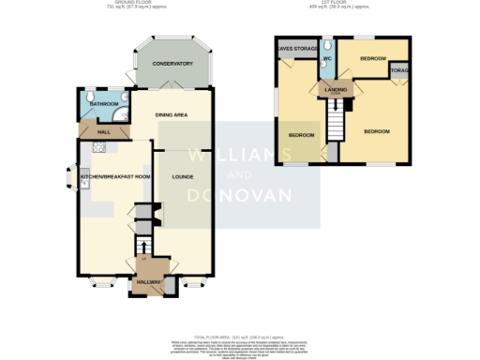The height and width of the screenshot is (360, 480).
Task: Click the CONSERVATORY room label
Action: coord(172,64)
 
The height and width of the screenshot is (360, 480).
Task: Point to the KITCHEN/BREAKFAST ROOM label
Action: coord(115,176)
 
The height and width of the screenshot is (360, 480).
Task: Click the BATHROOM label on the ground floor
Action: coord(102,104)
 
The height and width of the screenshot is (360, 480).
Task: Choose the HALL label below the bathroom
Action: coord(104,132)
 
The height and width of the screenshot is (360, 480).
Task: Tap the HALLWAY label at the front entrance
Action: coord(150,281)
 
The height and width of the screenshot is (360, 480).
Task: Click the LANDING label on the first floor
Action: coord(335,89)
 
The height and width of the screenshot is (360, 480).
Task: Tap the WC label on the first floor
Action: coord(327,59)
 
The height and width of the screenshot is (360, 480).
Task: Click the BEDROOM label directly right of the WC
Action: coord(372,59)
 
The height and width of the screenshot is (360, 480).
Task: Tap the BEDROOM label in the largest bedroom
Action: coord(377,131)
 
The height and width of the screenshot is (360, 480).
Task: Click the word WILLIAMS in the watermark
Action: coord(239,154)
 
